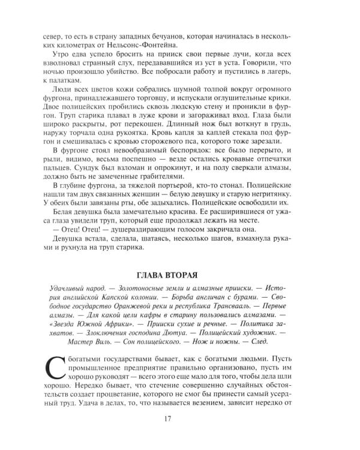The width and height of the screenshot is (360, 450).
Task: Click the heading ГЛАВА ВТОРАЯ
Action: click(x=179, y=275)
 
